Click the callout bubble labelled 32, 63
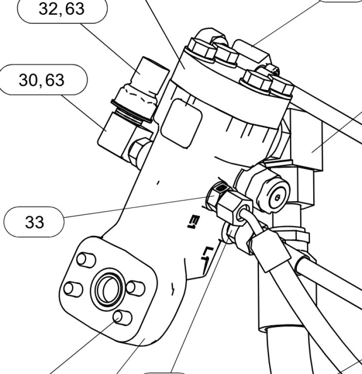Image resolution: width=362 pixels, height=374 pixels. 62,10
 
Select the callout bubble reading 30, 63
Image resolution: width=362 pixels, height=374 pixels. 42,80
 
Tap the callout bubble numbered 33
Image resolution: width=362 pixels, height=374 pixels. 34,222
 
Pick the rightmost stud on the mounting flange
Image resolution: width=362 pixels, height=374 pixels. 136,288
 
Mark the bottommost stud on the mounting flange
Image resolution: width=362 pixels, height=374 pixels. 122,318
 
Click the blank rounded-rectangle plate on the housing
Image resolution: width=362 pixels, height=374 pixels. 181,123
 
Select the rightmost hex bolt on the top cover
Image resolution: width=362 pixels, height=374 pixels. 281,88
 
